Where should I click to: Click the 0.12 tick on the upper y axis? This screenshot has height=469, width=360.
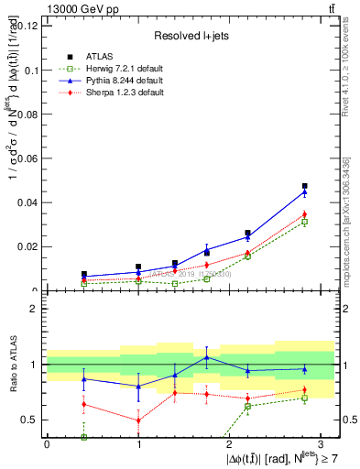pos(29,26)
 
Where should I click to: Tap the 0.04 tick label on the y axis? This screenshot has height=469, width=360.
pos(29,202)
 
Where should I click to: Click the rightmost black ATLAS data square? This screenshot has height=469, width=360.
pos(305,186)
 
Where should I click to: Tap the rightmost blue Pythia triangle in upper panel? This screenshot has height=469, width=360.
pos(305,191)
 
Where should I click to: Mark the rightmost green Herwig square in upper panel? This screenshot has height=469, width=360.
pos(305,222)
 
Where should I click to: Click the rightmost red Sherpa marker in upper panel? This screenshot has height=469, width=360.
pos(305,214)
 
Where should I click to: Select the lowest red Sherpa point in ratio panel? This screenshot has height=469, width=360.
pos(138,420)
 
